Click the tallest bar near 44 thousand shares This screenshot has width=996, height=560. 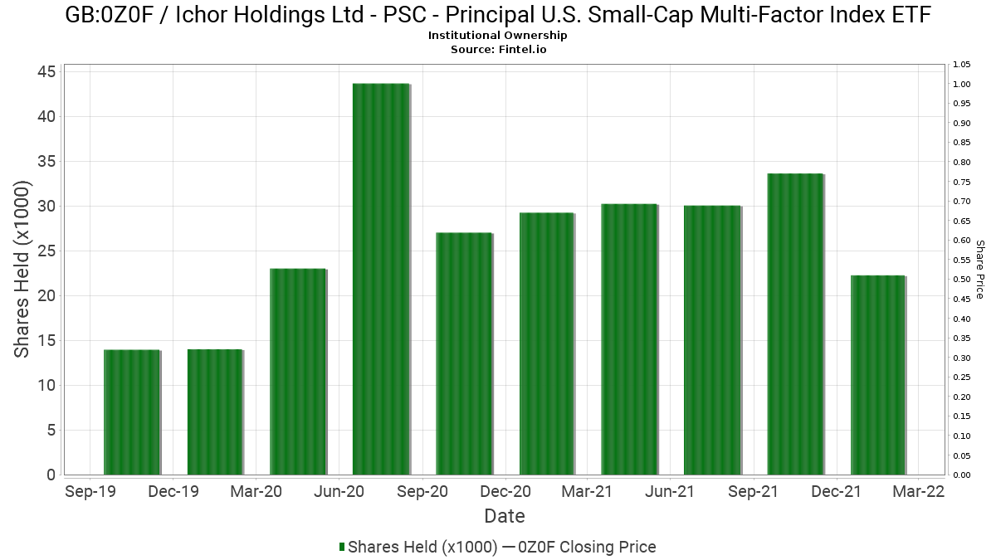[381, 279]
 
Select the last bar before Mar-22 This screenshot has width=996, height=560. [878, 375]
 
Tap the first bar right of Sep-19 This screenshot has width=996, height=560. [132, 412]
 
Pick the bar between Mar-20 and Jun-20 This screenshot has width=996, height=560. [298, 372]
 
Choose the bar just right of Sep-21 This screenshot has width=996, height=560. [795, 324]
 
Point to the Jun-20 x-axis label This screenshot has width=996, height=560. [339, 491]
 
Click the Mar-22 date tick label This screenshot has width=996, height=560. [919, 491]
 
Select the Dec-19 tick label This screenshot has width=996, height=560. [173, 491]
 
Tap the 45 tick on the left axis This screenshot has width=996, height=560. [46, 71]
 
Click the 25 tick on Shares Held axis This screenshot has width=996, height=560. [46, 251]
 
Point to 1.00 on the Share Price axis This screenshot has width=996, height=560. [962, 84]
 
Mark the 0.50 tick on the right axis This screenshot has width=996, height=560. [962, 279]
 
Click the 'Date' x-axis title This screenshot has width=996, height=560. [505, 516]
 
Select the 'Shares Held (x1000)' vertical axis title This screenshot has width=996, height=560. [22, 270]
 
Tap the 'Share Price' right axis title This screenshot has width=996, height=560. [980, 270]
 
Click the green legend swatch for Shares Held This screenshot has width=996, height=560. [342, 547]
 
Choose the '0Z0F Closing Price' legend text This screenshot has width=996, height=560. [587, 547]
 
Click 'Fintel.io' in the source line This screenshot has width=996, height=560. [522, 49]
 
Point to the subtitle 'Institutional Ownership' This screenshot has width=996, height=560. [497, 35]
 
